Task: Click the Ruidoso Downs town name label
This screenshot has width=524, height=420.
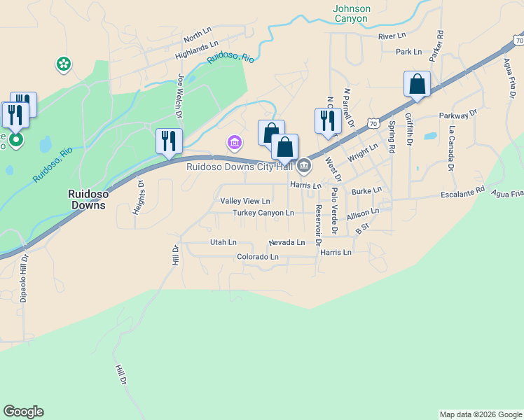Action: point(87,199)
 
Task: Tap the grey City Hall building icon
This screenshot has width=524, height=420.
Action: point(304,167)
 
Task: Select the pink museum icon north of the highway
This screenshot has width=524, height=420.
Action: point(235,143)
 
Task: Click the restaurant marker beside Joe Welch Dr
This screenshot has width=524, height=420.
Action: point(169,141)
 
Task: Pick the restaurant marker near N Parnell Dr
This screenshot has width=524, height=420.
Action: point(328,120)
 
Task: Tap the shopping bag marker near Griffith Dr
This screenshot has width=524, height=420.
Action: point(417,84)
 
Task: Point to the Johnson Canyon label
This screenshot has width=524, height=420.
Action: point(352,14)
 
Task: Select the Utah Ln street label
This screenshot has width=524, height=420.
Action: point(223,242)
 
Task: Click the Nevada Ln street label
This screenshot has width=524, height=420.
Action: point(287,242)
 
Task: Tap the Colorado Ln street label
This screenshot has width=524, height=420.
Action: point(258,257)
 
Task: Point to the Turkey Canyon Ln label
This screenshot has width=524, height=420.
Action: point(263,212)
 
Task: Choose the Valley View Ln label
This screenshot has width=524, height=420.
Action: point(245,201)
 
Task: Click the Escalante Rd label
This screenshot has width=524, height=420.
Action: point(462,190)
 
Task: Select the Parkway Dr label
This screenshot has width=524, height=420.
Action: point(458,114)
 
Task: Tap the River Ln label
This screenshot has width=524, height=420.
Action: point(392,36)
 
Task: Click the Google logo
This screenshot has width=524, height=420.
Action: point(23,412)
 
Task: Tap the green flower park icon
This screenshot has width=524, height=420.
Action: point(64,65)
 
